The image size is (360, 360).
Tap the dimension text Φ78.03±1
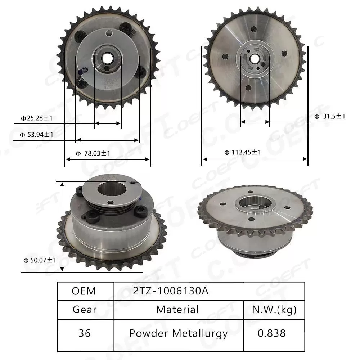pos(93,153)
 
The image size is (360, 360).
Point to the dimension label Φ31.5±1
pos(330,116)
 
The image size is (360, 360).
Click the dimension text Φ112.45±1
pos(243,152)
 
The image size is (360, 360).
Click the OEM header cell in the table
pos(84,291)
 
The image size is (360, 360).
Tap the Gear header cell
pos(85,310)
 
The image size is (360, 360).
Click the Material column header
pos(177,310)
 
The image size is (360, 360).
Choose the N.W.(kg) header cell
pos(274,310)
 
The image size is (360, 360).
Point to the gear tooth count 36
pos(85,333)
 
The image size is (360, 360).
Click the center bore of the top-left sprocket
pos(107,58)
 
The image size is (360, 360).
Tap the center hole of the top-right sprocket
pos(255,58)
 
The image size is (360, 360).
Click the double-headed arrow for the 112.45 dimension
pos(255,159)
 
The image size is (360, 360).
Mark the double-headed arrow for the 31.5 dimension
pos(255,122)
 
